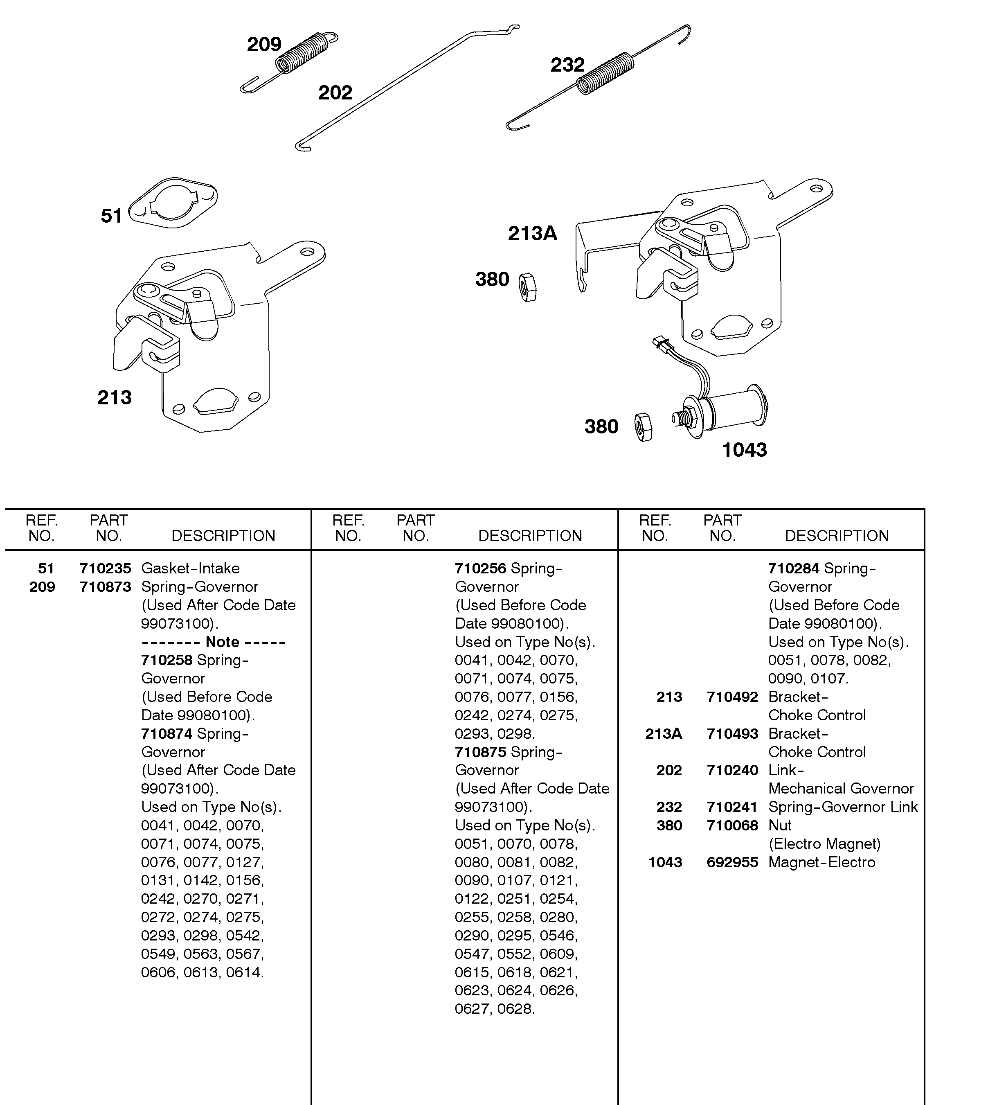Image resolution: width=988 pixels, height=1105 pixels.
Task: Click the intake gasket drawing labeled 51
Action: point(173,203)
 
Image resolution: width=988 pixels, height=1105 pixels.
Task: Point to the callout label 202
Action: point(335,92)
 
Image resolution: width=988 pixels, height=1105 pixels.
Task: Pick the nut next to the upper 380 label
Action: point(527,287)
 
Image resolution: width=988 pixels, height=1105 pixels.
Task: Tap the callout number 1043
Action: point(744,450)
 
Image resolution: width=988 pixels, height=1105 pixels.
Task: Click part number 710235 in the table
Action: point(105,568)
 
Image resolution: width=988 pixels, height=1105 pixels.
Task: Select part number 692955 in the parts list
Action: point(732,862)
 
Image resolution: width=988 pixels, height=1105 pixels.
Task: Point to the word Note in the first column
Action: point(223,642)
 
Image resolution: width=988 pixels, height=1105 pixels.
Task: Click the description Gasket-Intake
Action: point(190,568)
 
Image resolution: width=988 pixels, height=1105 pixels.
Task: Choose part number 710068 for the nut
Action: point(732,825)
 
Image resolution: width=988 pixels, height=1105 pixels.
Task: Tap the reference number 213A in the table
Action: point(664,733)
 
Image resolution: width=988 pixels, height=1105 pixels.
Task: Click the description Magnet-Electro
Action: point(821,862)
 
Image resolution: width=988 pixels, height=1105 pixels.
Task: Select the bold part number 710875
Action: point(480,752)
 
